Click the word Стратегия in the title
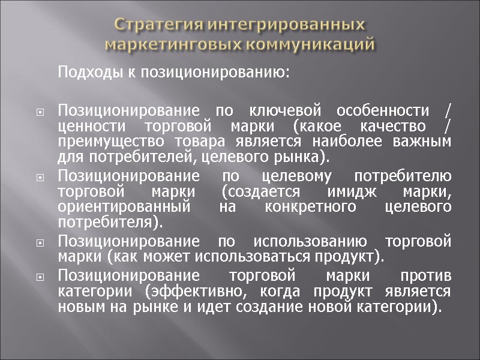point(155,26)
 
